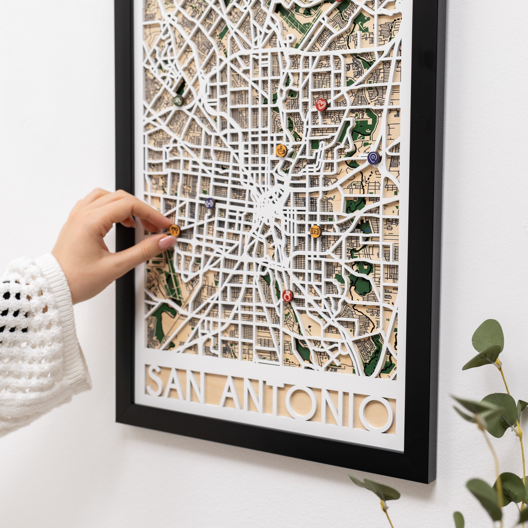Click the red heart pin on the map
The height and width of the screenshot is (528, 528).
point(321,105)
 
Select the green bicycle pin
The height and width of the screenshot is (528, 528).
point(178,100)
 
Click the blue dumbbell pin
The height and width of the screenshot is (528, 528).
point(210,203)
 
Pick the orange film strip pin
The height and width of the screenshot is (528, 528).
point(316,231)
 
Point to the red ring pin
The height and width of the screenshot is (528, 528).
point(287,296)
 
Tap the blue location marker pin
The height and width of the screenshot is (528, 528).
point(374,158)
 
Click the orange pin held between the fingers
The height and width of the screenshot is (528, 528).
point(175,230)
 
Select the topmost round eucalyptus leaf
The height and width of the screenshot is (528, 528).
point(488,336)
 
